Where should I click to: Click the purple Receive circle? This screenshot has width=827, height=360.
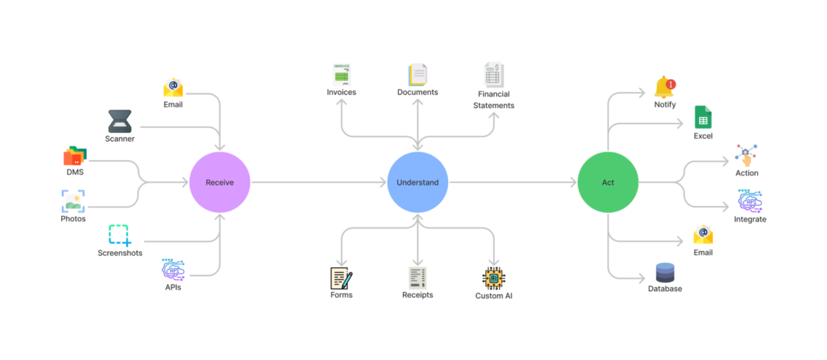pos(220,182)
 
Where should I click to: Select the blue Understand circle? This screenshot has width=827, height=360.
pos(417,182)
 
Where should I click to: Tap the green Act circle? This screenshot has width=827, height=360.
pos(608,182)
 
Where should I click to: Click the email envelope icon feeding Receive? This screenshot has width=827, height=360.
pos(173,87)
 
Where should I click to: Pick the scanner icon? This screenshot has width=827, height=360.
pos(119,121)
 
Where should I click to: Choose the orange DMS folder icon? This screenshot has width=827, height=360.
pos(74,156)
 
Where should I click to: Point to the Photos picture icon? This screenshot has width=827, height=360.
pos(74,201)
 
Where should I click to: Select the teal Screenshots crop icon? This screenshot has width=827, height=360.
pos(119,235)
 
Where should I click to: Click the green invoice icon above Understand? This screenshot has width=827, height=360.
pos(342,74)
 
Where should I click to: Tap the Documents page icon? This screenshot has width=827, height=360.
pos(417,74)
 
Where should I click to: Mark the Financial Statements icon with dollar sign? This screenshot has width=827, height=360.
pos(494,74)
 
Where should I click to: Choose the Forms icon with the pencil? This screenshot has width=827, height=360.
pos(341,277)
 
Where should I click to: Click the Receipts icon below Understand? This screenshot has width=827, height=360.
pos(417,277)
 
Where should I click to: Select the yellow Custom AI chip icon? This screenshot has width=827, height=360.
pos(494,278)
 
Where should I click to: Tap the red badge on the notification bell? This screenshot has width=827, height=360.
pos(672,83)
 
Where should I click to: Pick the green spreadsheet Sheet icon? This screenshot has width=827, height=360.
pos(703,117)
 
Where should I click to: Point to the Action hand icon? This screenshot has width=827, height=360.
pos(746,155)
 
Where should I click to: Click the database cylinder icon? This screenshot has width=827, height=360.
pos(665,272)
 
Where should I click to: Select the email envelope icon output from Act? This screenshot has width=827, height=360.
pos(703,234)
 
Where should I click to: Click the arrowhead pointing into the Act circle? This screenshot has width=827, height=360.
pos(573,182)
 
